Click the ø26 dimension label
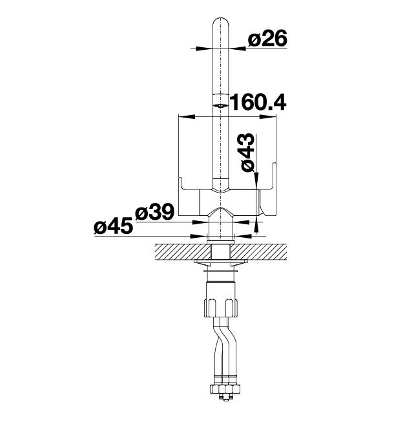tap(267, 38)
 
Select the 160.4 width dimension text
tap(258, 102)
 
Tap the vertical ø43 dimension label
tap(248, 152)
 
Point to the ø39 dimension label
tap(154, 212)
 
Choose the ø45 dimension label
tap(114, 226)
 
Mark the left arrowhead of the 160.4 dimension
tap(187, 116)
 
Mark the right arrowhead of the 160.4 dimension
tap(268, 116)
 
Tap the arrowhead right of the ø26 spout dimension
tap(237, 48)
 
